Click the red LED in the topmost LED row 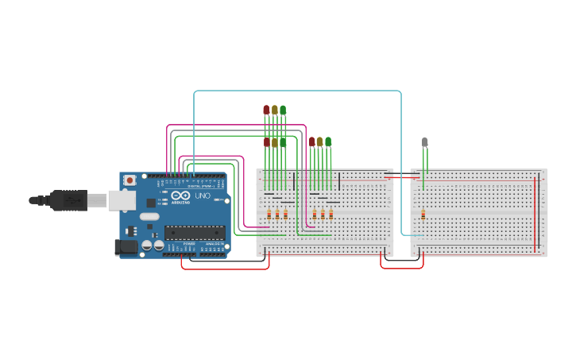click(266, 110)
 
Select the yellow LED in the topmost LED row click(275, 110)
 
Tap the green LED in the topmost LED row click(283, 110)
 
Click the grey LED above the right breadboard click(424, 142)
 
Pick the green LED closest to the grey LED click(328, 141)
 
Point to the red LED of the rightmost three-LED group click(311, 141)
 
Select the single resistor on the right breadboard click(423, 215)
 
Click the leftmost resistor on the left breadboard click(269, 215)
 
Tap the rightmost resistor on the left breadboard click(331, 215)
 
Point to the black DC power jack click(126, 247)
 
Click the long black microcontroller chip click(195, 232)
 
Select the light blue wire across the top click(298, 91)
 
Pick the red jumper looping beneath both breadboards click(401, 268)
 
